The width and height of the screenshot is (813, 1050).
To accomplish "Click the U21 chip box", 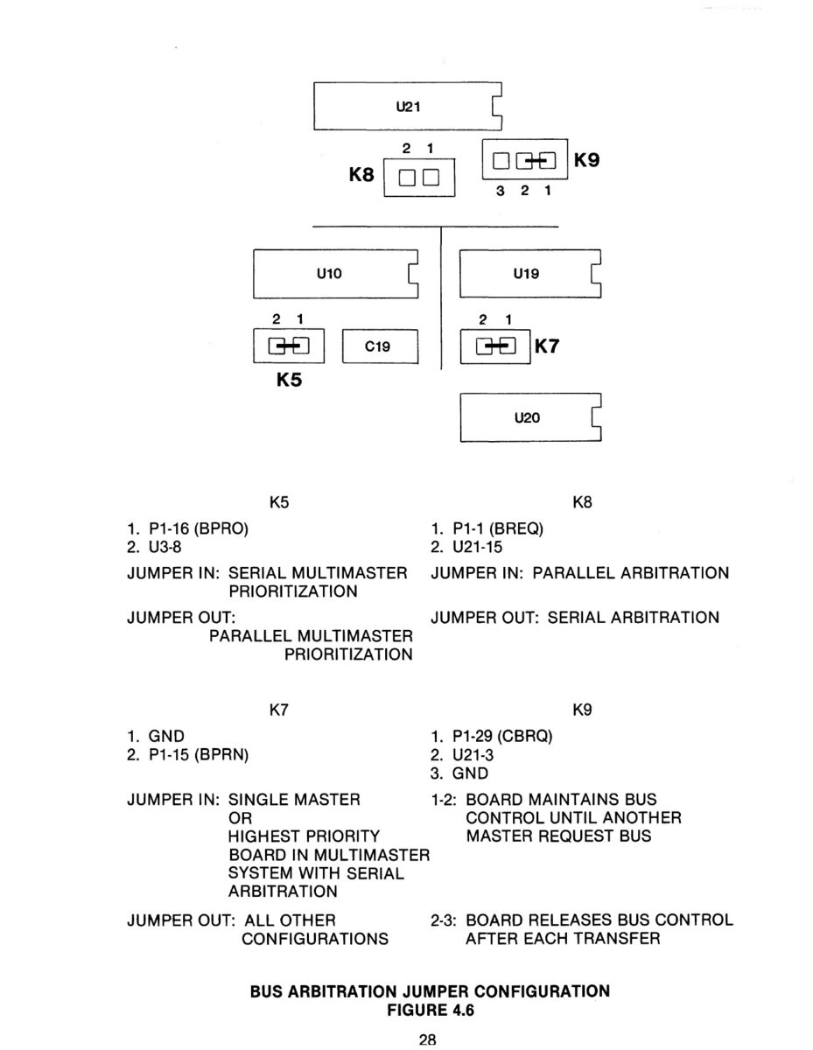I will tap(407, 107).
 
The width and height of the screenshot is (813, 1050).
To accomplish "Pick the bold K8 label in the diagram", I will tap(361, 175).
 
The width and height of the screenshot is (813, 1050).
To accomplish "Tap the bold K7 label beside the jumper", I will tap(546, 346).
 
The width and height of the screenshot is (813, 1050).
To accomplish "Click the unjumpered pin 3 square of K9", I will tap(501, 160).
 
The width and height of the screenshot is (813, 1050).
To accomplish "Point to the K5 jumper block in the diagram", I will tap(289, 346).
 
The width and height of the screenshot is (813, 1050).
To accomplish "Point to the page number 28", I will tap(428, 1039).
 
